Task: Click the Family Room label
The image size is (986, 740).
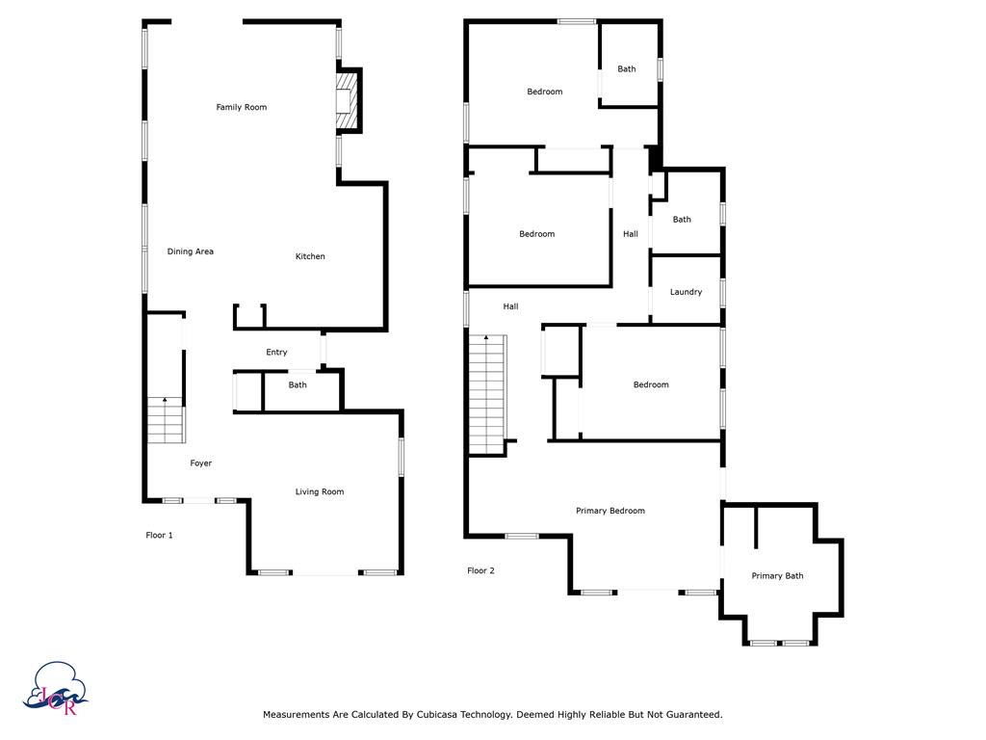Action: click(x=241, y=107)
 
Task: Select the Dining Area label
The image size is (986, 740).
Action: click(x=191, y=251)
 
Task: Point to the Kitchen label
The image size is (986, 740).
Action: click(x=310, y=256)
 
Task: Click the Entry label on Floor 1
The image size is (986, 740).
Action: click(x=276, y=353)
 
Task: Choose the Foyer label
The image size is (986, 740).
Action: click(x=200, y=463)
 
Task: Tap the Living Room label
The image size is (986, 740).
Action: click(x=319, y=492)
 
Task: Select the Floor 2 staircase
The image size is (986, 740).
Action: click(x=487, y=395)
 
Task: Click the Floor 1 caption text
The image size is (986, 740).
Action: click(x=159, y=535)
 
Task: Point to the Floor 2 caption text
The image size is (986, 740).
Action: click(x=480, y=570)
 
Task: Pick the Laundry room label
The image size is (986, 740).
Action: click(x=686, y=292)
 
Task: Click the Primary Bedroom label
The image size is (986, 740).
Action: click(x=610, y=511)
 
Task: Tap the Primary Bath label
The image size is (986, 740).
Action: click(x=777, y=576)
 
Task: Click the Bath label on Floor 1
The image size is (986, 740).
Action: click(x=298, y=385)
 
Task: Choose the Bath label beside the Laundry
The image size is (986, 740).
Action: click(x=682, y=220)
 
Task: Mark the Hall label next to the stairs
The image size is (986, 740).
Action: click(x=510, y=306)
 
